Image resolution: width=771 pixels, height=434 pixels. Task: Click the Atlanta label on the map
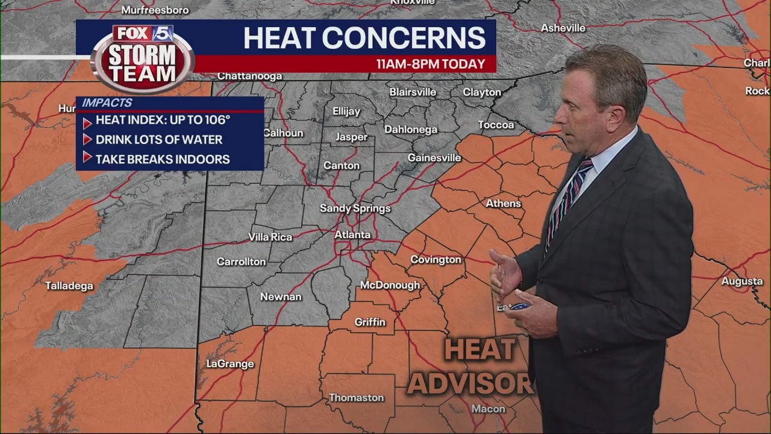click(352, 234)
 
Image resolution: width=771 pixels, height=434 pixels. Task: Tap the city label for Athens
click(503, 203)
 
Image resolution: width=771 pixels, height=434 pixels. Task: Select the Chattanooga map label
click(249, 76)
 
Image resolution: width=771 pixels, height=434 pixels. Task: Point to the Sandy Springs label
click(355, 208)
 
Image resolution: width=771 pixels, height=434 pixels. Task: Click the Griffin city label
click(369, 322)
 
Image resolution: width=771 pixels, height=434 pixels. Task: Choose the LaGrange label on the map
click(230, 363)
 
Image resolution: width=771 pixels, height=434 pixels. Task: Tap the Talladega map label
click(69, 286)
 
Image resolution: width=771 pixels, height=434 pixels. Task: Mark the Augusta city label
click(741, 281)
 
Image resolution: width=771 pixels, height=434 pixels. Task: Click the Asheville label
click(563, 28)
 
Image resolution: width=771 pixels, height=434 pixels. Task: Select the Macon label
click(488, 409)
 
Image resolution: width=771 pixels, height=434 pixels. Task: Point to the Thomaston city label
click(356, 397)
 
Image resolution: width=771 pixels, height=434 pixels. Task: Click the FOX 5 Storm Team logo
click(143, 58)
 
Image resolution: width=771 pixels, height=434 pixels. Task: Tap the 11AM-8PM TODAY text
click(430, 64)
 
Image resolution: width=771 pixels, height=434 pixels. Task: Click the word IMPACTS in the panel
click(107, 103)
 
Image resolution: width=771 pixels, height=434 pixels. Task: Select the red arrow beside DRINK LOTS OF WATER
click(87, 140)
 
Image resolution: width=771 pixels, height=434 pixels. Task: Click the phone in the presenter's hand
click(519, 307)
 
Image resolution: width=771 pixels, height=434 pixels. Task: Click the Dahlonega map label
click(411, 129)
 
